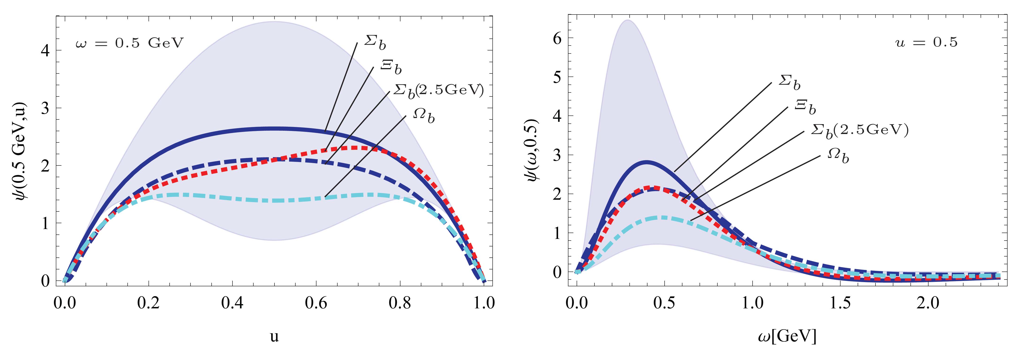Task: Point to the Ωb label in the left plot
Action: tap(424, 116)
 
